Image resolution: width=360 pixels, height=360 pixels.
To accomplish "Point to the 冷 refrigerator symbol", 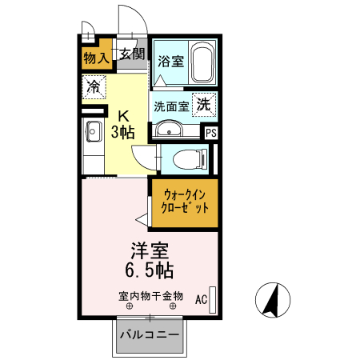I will (94, 86).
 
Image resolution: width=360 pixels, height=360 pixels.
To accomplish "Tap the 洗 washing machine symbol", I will (204, 103).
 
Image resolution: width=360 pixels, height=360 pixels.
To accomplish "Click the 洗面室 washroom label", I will (170, 105).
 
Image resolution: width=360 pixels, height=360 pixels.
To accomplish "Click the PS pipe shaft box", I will (210, 134).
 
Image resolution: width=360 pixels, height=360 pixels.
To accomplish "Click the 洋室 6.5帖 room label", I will (149, 258).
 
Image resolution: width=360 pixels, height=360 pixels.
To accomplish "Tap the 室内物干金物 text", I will (150, 296).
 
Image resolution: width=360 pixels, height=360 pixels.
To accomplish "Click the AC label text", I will (200, 300).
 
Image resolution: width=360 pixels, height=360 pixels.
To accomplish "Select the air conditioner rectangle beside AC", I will (213, 296).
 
